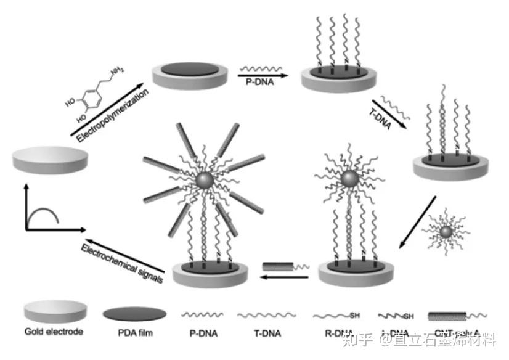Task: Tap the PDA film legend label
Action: tap(134, 332)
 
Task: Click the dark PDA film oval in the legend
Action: tap(134, 313)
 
